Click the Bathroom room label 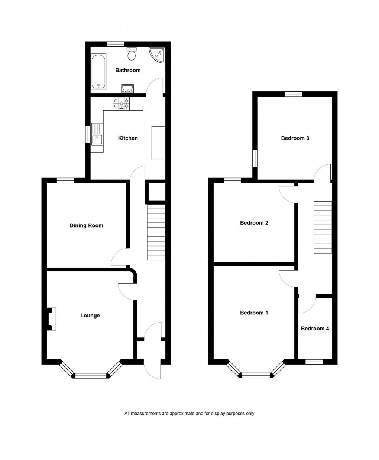point(128,70)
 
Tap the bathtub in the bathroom point(98,72)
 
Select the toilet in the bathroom point(132,54)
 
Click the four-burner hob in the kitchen point(122,103)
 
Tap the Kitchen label point(128,138)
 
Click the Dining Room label point(86,225)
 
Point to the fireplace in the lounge point(51,319)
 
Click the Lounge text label point(90,316)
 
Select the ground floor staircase point(156,232)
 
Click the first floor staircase point(323,227)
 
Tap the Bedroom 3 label point(295,138)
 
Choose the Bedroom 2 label point(254,223)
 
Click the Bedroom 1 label point(254,313)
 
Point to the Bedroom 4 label point(315,329)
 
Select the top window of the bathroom point(116,44)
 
